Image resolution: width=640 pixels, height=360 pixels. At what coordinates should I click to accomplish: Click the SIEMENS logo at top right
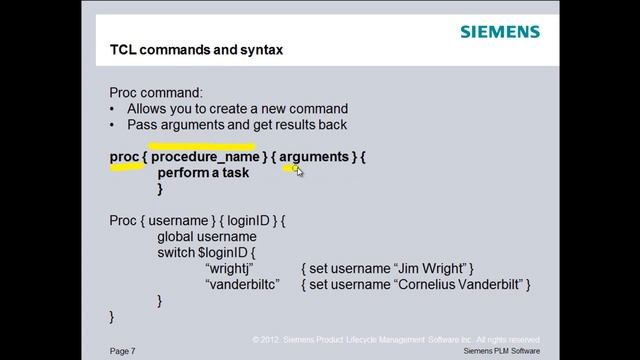(500, 31)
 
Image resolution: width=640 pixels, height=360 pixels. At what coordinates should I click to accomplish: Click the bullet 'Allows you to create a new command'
(237, 108)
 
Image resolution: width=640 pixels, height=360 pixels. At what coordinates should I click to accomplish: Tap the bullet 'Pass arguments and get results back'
(236, 125)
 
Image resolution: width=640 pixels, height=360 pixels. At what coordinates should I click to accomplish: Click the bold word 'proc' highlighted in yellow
(124, 157)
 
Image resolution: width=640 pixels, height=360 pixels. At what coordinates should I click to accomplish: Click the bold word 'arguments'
(314, 157)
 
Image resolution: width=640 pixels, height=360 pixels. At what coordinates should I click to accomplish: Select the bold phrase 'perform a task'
(203, 173)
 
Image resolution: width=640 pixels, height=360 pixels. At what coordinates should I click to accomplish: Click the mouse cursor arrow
(299, 172)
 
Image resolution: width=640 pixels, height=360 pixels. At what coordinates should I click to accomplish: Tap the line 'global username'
(207, 236)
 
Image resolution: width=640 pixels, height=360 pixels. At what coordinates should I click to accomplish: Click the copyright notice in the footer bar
(396, 339)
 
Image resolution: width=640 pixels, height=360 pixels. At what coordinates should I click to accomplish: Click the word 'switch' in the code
(176, 252)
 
